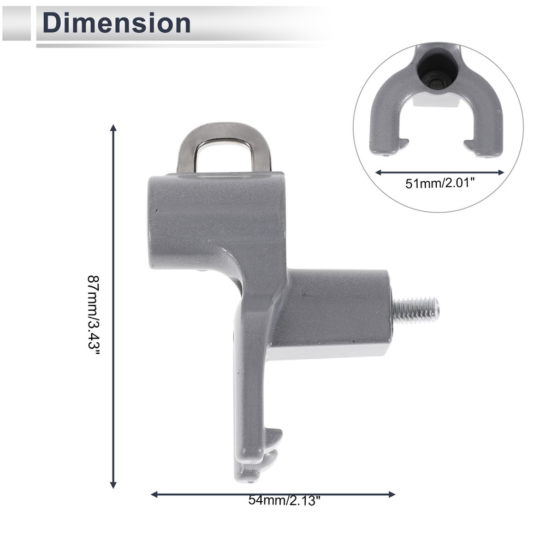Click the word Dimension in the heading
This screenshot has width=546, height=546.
[x=116, y=22]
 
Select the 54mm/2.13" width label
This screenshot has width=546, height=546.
[x=284, y=500]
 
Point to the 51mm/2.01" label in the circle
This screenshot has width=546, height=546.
[x=440, y=183]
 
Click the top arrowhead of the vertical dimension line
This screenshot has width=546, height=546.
[x=113, y=128]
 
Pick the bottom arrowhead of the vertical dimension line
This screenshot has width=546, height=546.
[x=113, y=485]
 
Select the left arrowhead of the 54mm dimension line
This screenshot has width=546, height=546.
[x=155, y=494]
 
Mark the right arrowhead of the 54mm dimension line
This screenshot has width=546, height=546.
[x=391, y=494]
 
